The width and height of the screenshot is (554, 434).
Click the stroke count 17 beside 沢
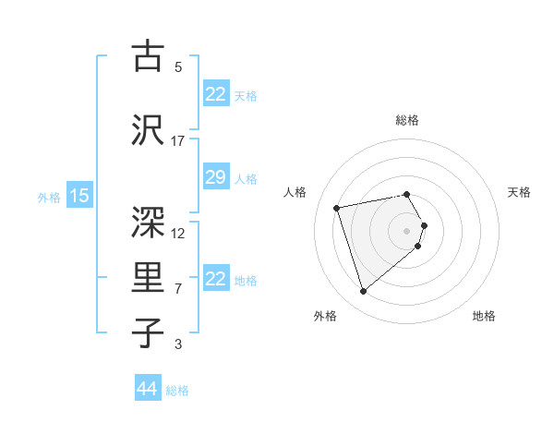pos(178,141)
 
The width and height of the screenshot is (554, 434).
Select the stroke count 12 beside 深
pos(178,233)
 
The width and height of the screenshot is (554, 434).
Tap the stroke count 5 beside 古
pos(178,67)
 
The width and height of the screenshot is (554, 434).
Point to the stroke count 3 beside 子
pos(178,344)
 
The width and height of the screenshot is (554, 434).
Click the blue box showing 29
pos(215,178)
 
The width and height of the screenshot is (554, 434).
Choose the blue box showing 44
pos(148,389)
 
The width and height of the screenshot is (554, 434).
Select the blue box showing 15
pos(78,195)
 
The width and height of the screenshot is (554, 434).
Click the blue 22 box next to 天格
pos(215,94)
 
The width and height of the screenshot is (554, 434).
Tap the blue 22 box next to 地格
pos(215,279)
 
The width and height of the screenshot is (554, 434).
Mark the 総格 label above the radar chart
pos(407,120)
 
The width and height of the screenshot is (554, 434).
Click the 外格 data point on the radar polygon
pos(364,292)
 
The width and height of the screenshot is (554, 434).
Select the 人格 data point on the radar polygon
pos(337,207)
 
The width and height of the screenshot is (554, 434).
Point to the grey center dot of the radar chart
pos(407,230)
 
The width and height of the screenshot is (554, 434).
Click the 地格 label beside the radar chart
pos(484,317)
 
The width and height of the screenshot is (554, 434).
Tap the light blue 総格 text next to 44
pos(177,391)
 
